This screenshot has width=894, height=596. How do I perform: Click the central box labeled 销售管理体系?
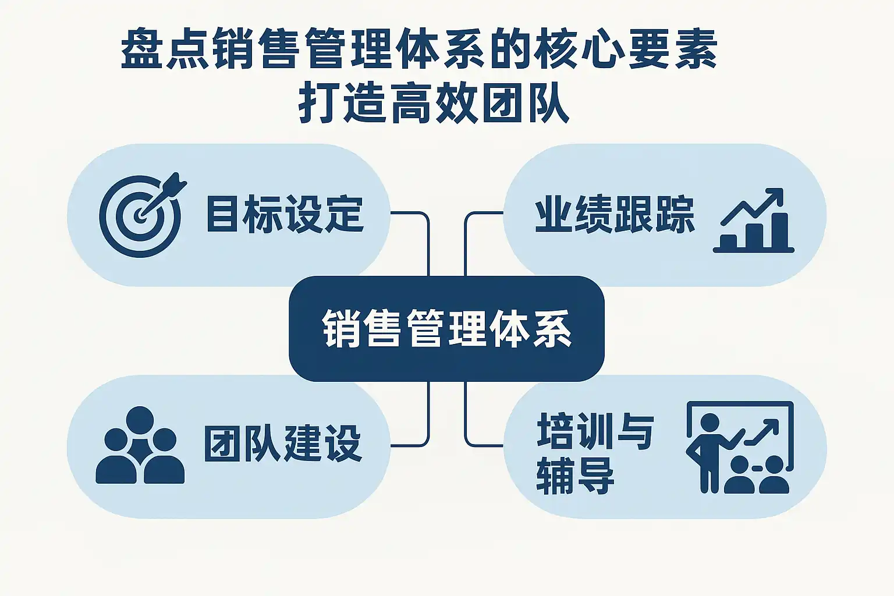point(446,328)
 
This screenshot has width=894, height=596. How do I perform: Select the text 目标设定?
point(285,214)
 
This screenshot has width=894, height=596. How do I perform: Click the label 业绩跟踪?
point(615,215)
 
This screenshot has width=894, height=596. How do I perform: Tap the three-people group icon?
point(140,445)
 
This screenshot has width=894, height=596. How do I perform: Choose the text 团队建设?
point(283,444)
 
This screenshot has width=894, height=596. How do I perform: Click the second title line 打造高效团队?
point(434,104)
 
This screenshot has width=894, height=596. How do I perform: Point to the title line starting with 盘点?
point(419,49)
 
